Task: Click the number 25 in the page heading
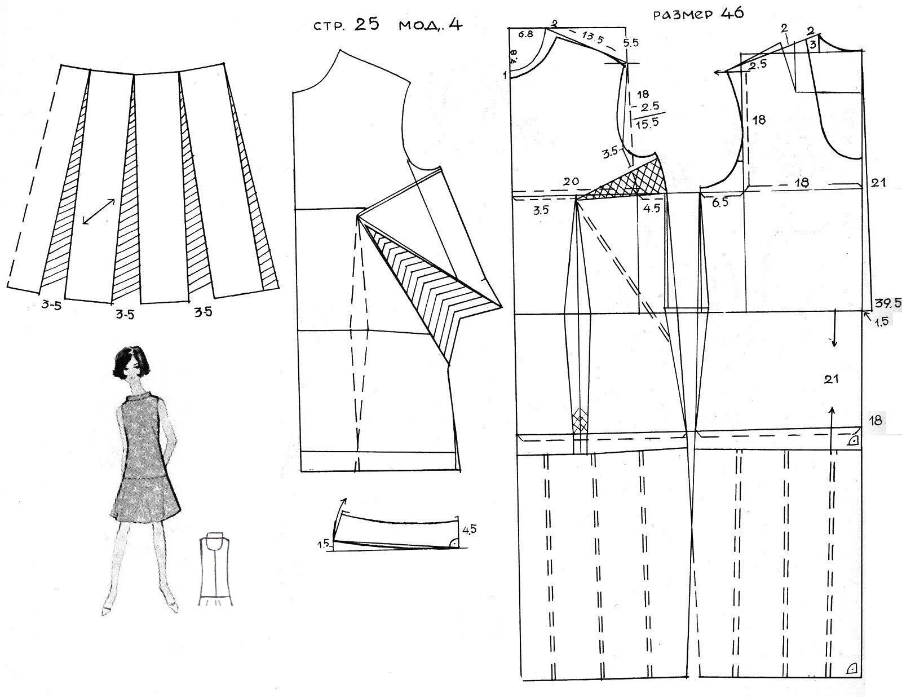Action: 367,24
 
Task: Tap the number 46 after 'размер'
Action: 732,13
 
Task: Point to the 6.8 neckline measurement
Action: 525,34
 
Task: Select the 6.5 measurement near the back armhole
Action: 720,202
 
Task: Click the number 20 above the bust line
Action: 571,182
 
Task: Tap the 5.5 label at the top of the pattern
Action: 631,42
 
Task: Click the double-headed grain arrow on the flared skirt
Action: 99,211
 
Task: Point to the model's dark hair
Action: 129,362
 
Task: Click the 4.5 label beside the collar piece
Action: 469,530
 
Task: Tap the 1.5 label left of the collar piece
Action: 323,544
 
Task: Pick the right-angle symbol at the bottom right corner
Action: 851,669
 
